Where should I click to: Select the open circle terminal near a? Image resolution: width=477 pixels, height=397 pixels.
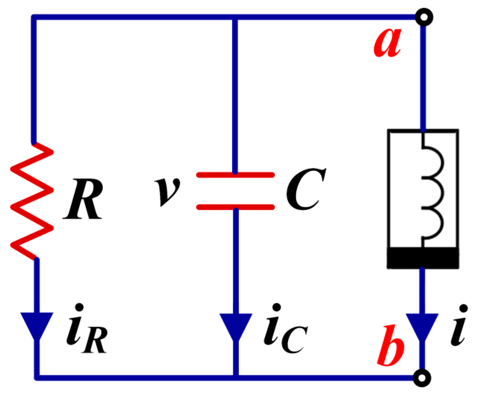(x=424, y=17)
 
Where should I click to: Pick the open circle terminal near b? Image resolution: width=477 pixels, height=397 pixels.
(x=422, y=378)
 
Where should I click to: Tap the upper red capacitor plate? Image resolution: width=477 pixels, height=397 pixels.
(x=235, y=175)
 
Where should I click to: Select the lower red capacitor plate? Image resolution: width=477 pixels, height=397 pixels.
(x=235, y=207)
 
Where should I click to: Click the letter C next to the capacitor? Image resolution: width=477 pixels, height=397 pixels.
(x=305, y=189)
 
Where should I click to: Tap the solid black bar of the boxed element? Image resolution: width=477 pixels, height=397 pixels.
(x=423, y=258)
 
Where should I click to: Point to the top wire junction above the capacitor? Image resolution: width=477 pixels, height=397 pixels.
(x=235, y=17)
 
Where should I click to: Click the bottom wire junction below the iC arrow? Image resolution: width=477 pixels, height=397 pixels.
(x=236, y=377)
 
